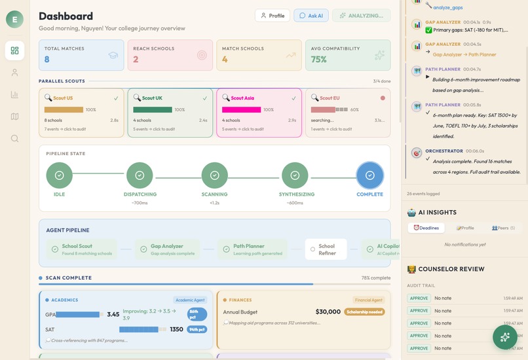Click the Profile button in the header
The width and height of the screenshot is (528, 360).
pos(272,15)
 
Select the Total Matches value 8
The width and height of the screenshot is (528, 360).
pos(47,60)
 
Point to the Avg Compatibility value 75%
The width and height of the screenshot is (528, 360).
pos(318,60)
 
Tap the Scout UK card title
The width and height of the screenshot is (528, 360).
pos(152,98)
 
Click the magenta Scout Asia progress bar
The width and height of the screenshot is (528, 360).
pos(241,110)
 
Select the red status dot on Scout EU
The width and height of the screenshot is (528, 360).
pos(383,98)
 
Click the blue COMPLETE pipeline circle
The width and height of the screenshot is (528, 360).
pos(369,175)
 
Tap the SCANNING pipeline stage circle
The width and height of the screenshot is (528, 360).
pos(214,175)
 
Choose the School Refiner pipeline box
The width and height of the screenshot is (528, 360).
pos(326,249)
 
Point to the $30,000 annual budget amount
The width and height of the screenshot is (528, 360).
pos(328,312)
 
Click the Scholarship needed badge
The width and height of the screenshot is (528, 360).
pos(364,312)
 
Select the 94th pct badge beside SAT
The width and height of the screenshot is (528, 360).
pos(197,329)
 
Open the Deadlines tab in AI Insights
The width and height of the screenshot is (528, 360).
pos(426,228)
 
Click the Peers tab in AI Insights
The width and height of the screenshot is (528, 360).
pos(503,228)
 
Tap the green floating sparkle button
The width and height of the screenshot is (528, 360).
pos(504,337)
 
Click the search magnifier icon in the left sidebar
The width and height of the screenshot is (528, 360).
pos(14,139)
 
